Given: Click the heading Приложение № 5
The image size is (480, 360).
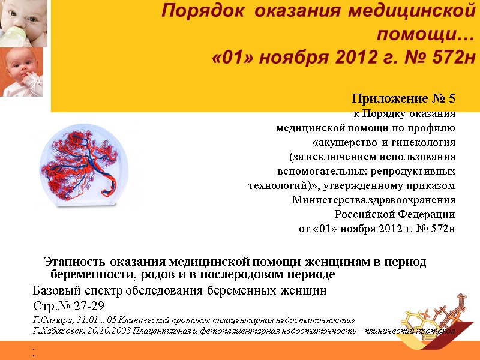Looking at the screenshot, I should coord(404,98).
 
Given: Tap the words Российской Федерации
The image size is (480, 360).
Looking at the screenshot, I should coord(394,214).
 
